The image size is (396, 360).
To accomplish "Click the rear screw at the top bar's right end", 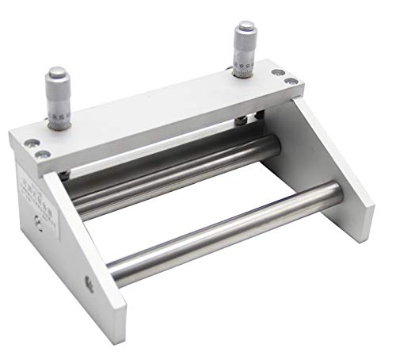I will click(277, 73).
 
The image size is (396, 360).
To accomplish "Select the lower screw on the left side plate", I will click(89, 280).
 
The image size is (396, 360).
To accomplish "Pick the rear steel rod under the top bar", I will click(174, 174).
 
